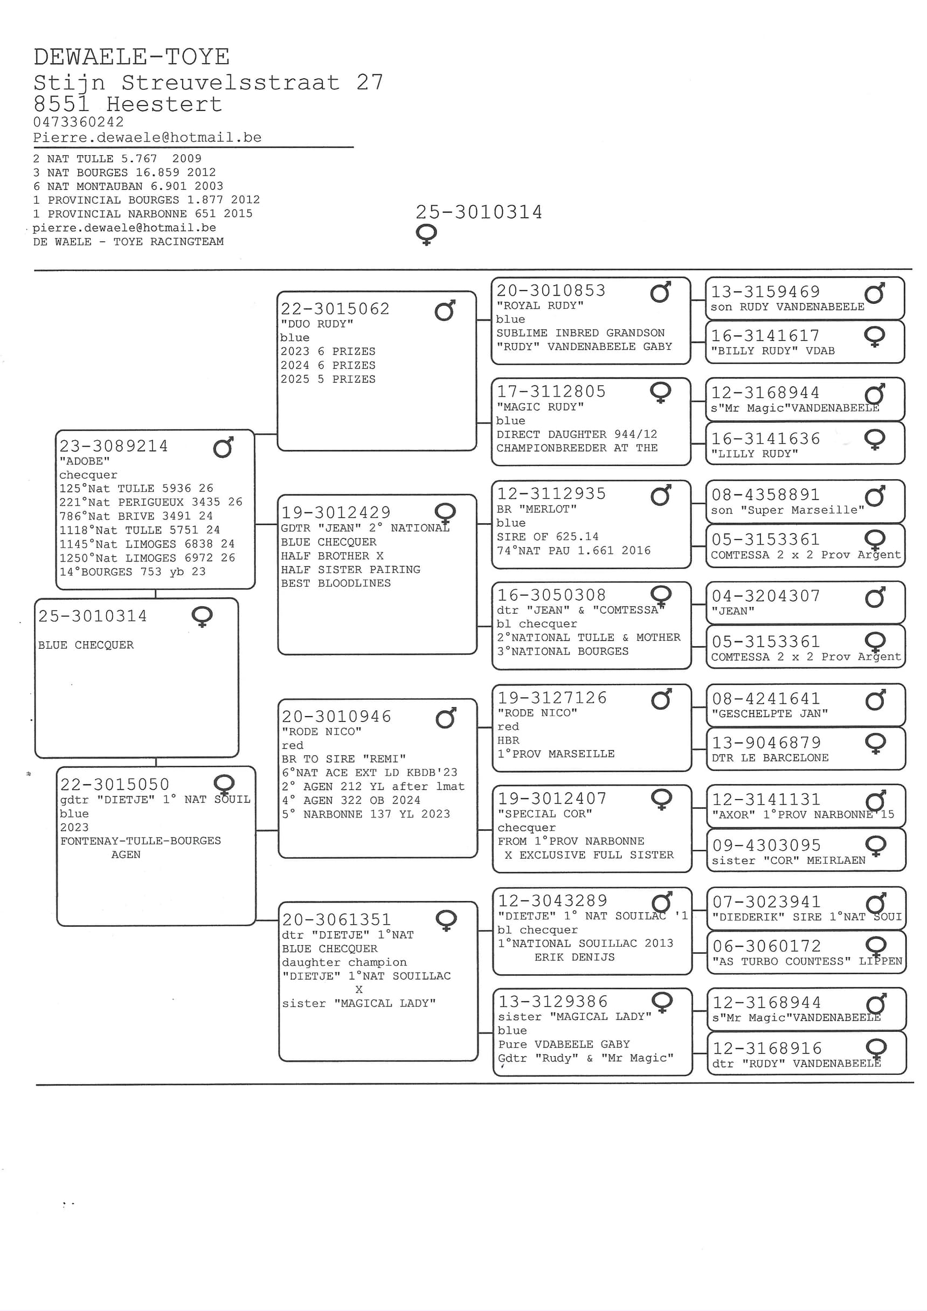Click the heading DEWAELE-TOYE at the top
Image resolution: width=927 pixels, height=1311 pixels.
coord(132,57)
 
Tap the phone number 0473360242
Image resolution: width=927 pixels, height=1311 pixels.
coord(78,122)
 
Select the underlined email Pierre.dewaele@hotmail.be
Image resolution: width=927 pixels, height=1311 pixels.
coord(147,137)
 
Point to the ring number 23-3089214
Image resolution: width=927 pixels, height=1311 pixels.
coord(114,446)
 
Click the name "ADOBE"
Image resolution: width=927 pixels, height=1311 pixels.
coord(85,461)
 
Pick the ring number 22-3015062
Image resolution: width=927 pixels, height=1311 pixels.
coord(335,309)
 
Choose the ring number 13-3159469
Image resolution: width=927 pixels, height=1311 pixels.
coord(765,292)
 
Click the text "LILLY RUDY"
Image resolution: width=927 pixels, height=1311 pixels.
coord(755,454)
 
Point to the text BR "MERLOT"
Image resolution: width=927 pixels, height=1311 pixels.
coord(537,509)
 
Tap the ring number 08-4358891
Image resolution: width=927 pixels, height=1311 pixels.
coord(765,495)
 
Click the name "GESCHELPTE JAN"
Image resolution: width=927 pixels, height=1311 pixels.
coord(770,714)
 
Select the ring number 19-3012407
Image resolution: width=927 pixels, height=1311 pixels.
coord(552,798)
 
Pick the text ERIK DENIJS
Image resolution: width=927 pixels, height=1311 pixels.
coord(575,957)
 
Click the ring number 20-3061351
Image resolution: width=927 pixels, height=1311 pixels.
coord(336,919)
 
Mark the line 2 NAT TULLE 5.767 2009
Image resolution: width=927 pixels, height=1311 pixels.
coord(117,159)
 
